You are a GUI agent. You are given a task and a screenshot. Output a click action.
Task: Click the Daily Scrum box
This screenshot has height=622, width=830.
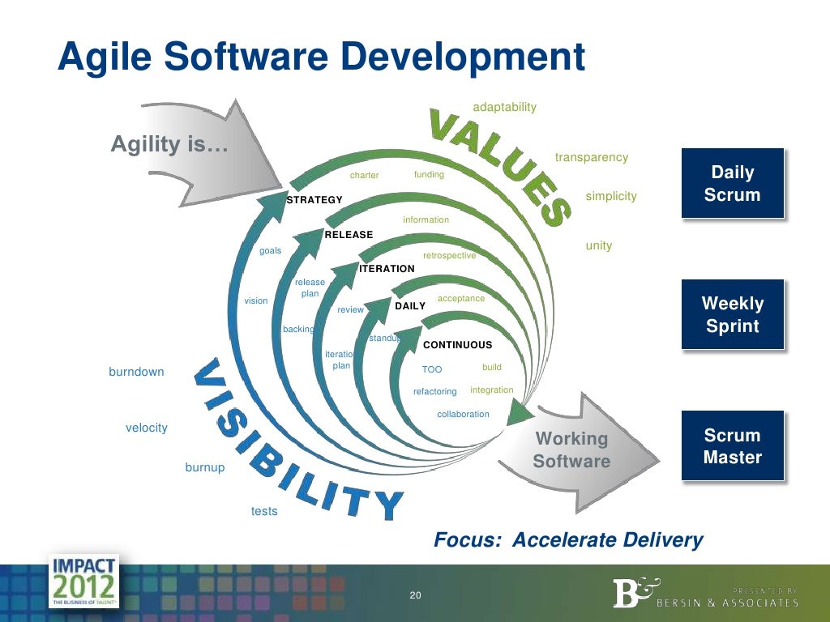click(732, 183)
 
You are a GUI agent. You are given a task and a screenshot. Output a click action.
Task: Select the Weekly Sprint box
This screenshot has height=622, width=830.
click(732, 314)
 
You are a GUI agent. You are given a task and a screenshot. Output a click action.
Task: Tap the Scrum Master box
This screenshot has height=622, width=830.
click(732, 446)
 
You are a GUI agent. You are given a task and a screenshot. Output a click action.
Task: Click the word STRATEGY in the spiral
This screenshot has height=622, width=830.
click(314, 200)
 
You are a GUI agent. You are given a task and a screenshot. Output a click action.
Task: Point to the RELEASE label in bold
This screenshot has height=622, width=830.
click(349, 235)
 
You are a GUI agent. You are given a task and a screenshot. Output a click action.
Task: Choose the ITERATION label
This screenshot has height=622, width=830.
click(387, 269)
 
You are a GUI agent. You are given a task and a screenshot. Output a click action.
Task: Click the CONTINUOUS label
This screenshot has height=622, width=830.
click(457, 345)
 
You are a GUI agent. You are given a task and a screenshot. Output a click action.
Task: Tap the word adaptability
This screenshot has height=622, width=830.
click(504, 107)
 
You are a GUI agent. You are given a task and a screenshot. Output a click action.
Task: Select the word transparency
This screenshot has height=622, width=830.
click(591, 157)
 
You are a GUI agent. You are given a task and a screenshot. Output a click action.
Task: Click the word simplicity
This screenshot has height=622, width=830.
click(610, 196)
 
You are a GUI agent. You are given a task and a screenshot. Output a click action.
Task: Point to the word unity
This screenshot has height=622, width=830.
click(598, 245)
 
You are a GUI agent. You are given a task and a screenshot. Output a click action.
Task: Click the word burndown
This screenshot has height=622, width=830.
click(136, 372)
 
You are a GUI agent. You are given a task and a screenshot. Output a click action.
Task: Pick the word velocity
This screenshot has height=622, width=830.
click(146, 428)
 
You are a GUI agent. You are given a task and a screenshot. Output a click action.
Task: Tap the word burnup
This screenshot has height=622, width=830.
click(205, 467)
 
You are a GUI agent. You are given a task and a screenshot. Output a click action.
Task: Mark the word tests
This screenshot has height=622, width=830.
click(264, 511)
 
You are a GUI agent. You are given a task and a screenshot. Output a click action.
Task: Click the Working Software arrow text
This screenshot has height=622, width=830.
click(571, 449)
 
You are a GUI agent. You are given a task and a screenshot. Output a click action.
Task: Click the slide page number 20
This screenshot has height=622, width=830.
click(415, 596)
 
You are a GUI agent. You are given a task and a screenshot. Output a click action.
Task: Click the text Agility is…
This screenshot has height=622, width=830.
click(169, 145)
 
